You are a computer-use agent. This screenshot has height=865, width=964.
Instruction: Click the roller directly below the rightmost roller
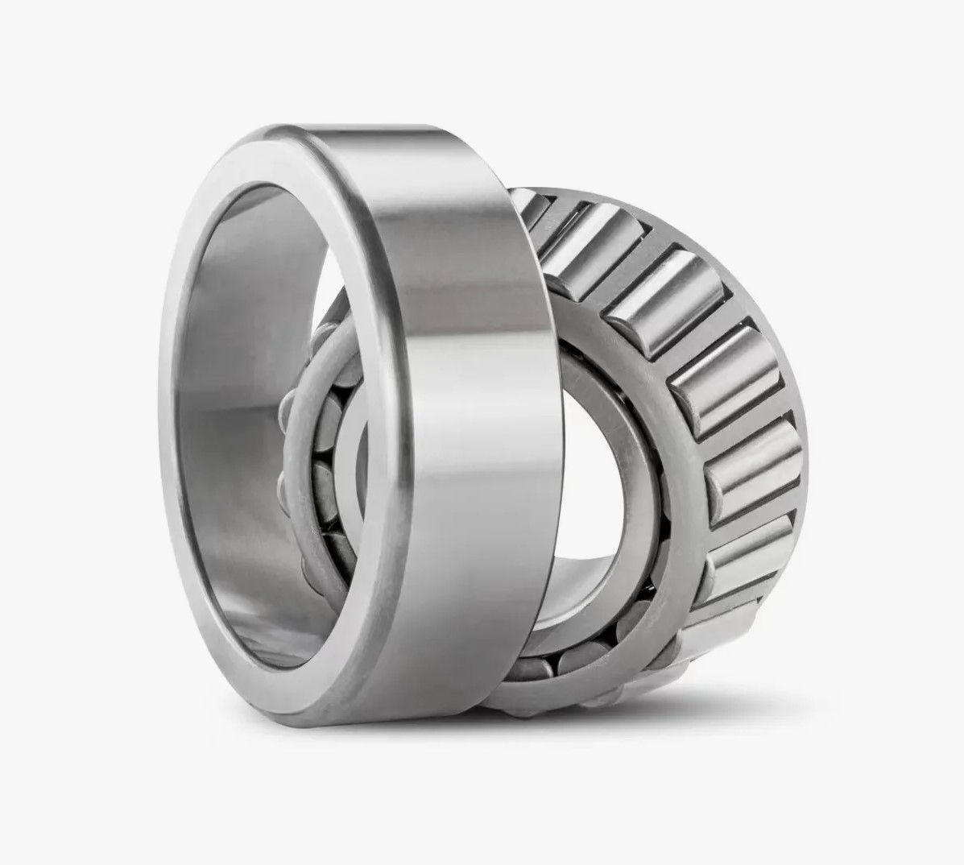pyautogui.click(x=745, y=548)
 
